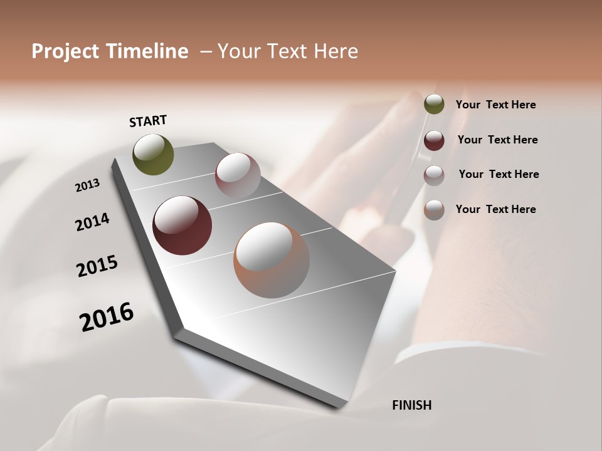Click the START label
click(x=148, y=121)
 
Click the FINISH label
click(x=411, y=405)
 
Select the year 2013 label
click(x=88, y=185)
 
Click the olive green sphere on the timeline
click(x=153, y=155)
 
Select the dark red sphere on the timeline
click(x=182, y=225)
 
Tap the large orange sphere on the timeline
click(x=272, y=260)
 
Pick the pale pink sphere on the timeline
click(x=238, y=176)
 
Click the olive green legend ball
click(x=434, y=104)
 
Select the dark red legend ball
click(x=434, y=140)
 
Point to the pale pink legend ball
click(x=434, y=175)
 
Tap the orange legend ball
click(x=434, y=210)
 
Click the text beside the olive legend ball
click(x=495, y=105)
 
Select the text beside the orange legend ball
click(x=495, y=209)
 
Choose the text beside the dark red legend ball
click(x=497, y=140)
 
